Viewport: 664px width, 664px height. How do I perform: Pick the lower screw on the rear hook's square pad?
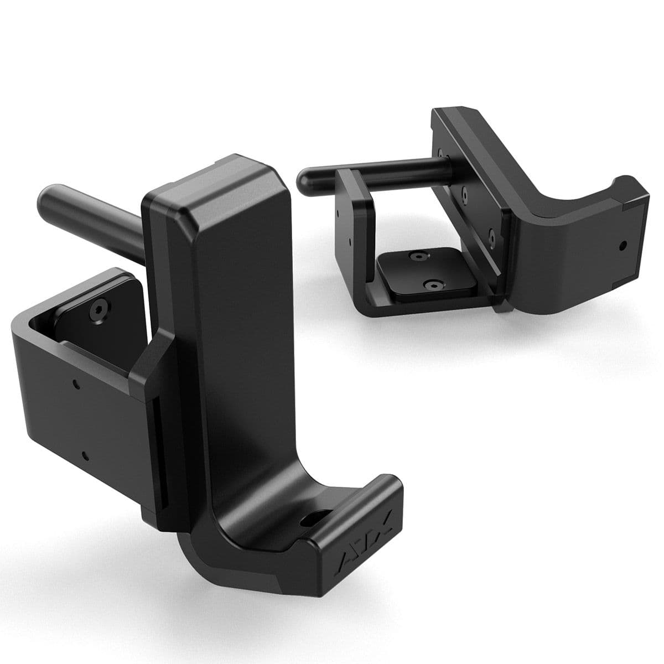[x=430, y=284]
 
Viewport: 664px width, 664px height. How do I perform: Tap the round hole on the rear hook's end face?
[x=623, y=244]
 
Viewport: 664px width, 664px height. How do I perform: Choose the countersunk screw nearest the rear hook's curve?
[x=490, y=235]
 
